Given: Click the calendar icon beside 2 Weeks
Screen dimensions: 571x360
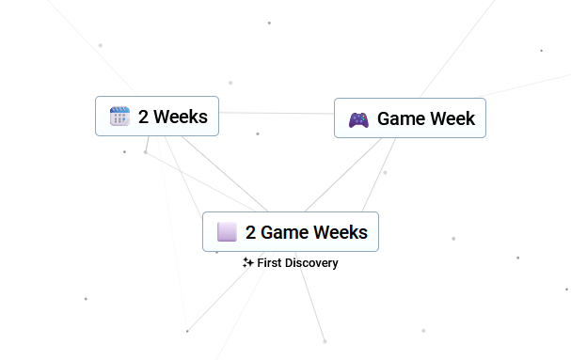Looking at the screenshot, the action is point(119,117).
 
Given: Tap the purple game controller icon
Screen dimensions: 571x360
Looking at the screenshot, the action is point(358,120).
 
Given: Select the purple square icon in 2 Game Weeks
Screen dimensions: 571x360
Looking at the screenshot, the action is point(227,232).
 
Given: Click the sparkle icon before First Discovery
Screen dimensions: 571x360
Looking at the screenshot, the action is point(248,262).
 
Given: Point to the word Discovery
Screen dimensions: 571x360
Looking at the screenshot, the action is point(311,263).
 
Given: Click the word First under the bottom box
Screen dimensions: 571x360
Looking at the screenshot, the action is point(269,262).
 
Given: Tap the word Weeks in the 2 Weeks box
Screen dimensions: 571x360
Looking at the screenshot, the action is point(181,117).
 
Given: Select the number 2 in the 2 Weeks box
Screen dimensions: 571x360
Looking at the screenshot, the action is point(143,117).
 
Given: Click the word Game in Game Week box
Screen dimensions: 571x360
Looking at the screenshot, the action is point(401,118).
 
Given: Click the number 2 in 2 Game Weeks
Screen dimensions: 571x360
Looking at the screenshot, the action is point(250,232).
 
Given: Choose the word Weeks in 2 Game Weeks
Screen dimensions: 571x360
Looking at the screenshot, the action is point(341,232).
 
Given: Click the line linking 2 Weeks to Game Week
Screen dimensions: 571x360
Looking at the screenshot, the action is point(277,113).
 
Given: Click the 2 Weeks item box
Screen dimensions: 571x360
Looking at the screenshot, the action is point(157,117).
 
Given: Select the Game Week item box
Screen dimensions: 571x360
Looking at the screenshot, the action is point(410,117).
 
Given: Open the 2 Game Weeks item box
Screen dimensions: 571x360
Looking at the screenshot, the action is point(291,231).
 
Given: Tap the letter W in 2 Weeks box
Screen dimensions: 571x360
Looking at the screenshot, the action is point(163,117).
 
